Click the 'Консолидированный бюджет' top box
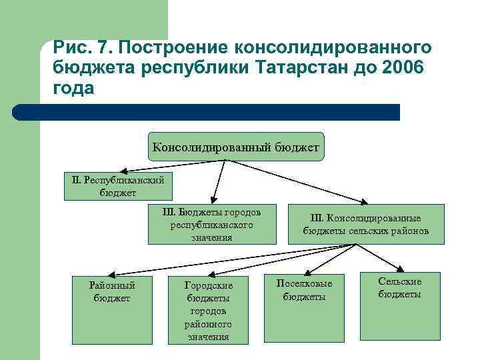tap(236, 146)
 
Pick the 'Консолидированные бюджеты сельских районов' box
tap(365, 225)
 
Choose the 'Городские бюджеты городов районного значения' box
tap(209, 310)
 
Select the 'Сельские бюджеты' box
tap(399, 287)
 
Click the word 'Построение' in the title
tap(171, 48)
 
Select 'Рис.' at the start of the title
tap(70, 48)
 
